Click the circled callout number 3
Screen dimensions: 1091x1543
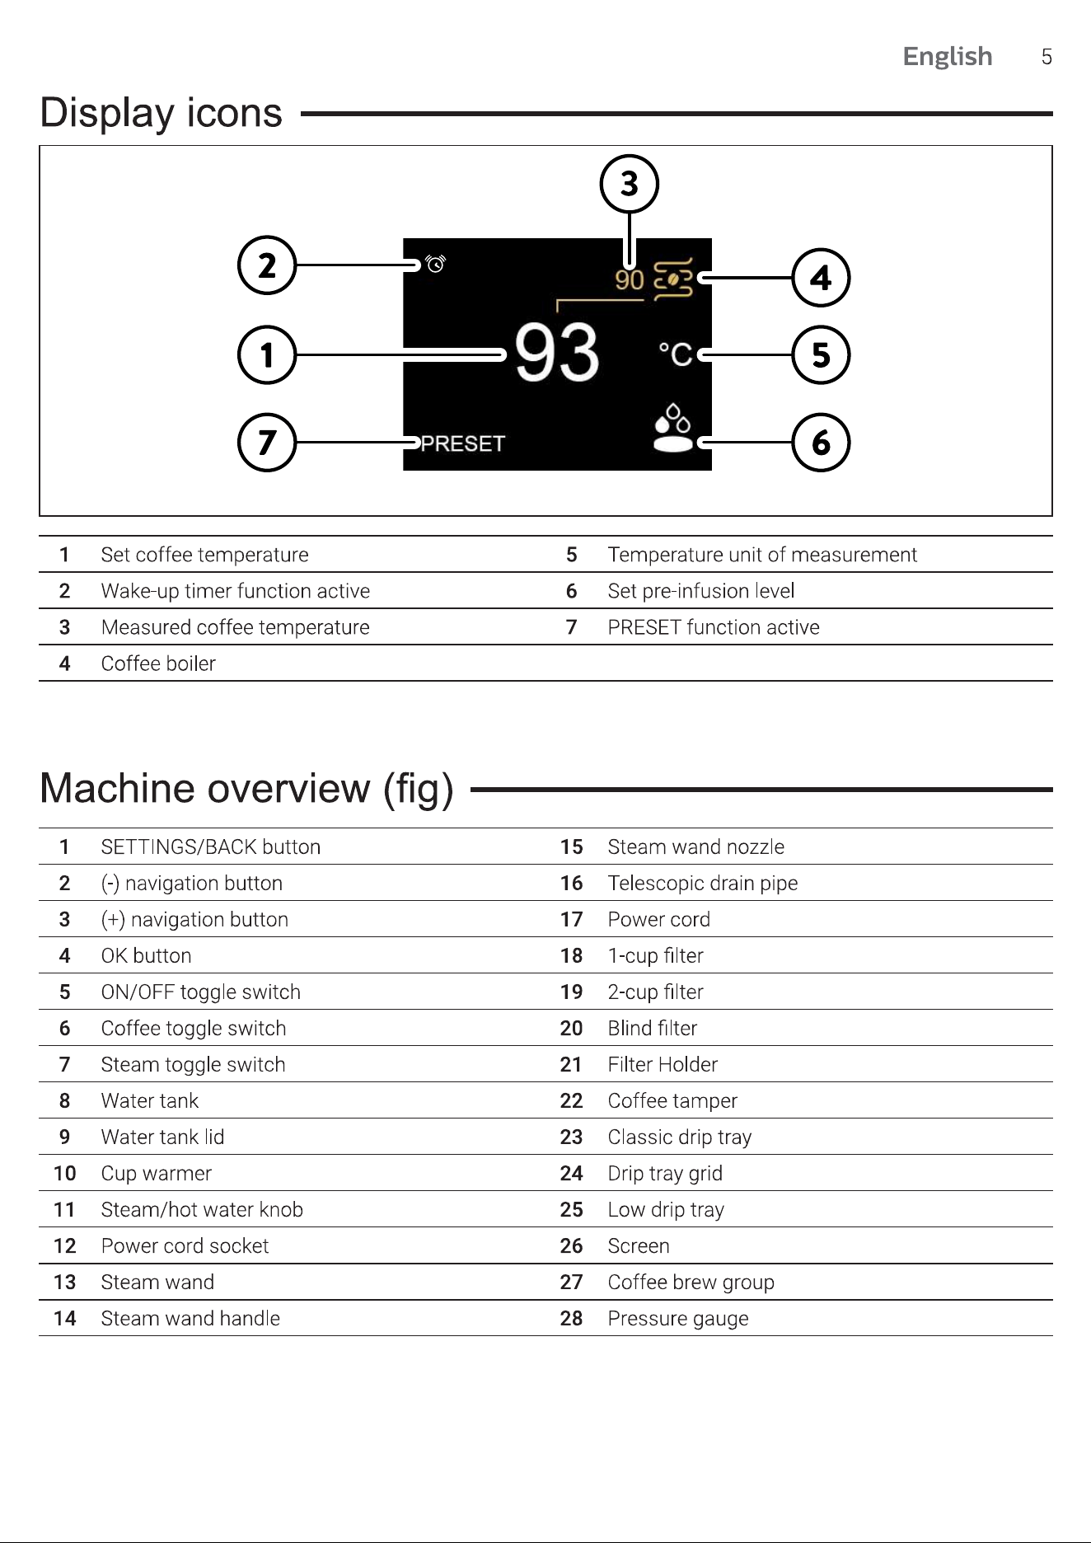629,184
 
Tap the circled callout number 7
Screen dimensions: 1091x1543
267,443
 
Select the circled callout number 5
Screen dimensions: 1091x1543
821,355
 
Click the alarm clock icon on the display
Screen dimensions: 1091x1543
435,263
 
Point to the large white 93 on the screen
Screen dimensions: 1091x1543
557,353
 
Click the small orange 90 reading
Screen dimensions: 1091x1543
630,280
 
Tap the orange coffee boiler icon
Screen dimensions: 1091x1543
672,279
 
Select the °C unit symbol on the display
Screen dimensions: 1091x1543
676,354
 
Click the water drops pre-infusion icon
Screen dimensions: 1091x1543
672,427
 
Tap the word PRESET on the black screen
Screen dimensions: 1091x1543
462,444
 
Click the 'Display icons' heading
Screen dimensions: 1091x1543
162,113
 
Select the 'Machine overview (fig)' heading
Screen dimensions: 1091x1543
246,789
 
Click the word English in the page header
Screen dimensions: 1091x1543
948,56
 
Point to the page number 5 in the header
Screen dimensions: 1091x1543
1047,57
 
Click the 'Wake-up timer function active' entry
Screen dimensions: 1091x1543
236,591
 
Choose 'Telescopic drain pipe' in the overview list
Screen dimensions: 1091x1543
703,884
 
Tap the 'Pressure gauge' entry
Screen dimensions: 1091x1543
678,1319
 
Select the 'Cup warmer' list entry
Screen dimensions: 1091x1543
157,1174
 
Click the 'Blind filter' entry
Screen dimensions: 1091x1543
653,1028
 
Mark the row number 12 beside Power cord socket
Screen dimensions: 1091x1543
65,1245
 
